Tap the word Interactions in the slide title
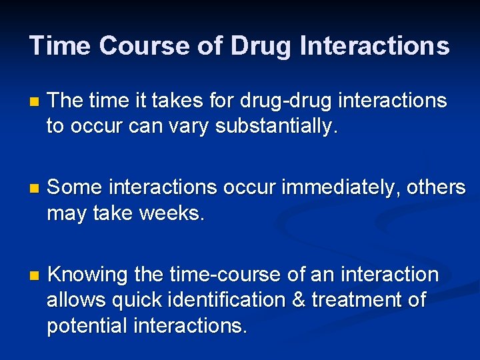[375, 46]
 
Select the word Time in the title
[61, 46]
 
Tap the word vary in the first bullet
[189, 127]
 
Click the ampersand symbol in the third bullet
[299, 300]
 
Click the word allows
[73, 300]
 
